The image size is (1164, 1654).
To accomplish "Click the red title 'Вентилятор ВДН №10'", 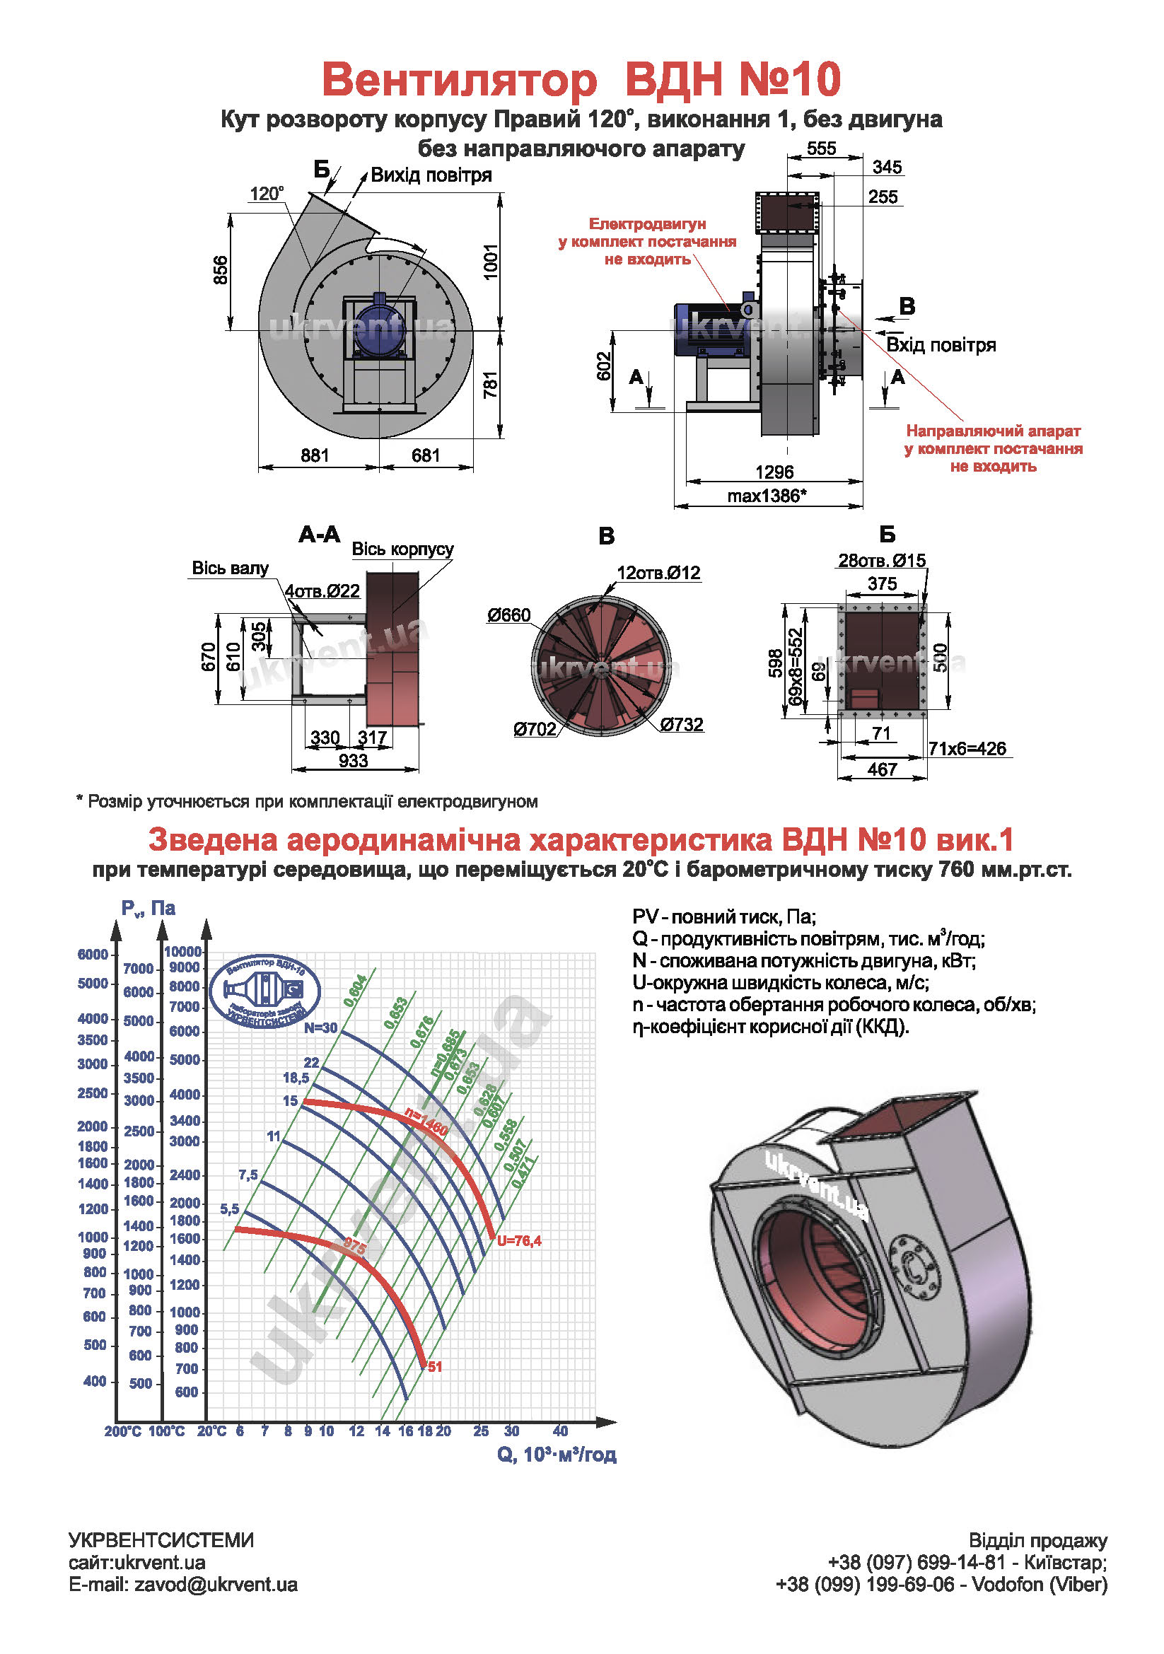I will (x=581, y=79).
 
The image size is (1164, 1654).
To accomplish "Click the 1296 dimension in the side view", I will (x=774, y=472).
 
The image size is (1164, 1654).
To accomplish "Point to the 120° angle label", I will (x=267, y=194).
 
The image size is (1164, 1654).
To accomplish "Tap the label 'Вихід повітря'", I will (x=431, y=176).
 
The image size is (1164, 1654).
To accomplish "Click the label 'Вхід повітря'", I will (x=940, y=345).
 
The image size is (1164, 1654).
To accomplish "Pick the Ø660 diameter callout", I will (x=508, y=615).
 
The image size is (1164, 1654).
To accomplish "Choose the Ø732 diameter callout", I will (x=681, y=725).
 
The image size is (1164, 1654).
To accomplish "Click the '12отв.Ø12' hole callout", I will (x=658, y=573).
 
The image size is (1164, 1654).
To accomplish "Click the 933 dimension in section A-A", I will (x=353, y=761).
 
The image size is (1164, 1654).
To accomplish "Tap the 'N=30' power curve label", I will (x=320, y=1028).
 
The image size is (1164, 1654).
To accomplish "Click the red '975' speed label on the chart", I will (x=355, y=1245).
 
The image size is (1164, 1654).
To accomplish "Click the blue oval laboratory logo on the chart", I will (x=264, y=992).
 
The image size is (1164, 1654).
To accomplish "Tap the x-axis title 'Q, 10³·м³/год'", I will (x=556, y=1455).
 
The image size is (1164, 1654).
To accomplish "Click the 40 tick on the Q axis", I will (x=559, y=1431).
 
